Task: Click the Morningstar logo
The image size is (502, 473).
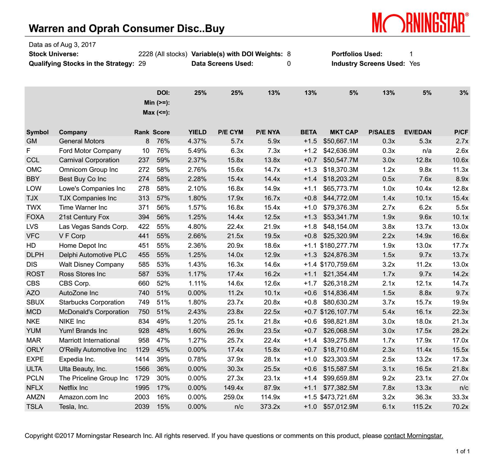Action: point(420,22)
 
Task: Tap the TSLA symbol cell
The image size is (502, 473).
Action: point(34,407)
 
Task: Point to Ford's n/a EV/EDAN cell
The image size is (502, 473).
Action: point(427,151)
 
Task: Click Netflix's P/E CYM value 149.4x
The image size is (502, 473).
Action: point(233,388)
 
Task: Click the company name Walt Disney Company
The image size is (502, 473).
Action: point(91,264)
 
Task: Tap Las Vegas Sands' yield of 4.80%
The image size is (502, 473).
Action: point(197,227)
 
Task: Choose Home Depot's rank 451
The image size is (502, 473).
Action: point(144,246)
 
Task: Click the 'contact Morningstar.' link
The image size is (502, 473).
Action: point(413,436)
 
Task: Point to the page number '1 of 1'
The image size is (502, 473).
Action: point(463,451)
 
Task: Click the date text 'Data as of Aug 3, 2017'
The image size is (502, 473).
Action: point(62,45)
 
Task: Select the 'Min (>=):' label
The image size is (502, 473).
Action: point(157,102)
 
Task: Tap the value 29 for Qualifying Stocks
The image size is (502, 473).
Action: point(142,64)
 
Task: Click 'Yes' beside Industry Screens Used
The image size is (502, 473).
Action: point(414,64)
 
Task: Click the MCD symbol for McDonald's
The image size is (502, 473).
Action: point(34,312)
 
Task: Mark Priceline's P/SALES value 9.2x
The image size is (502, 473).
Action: point(388,378)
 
